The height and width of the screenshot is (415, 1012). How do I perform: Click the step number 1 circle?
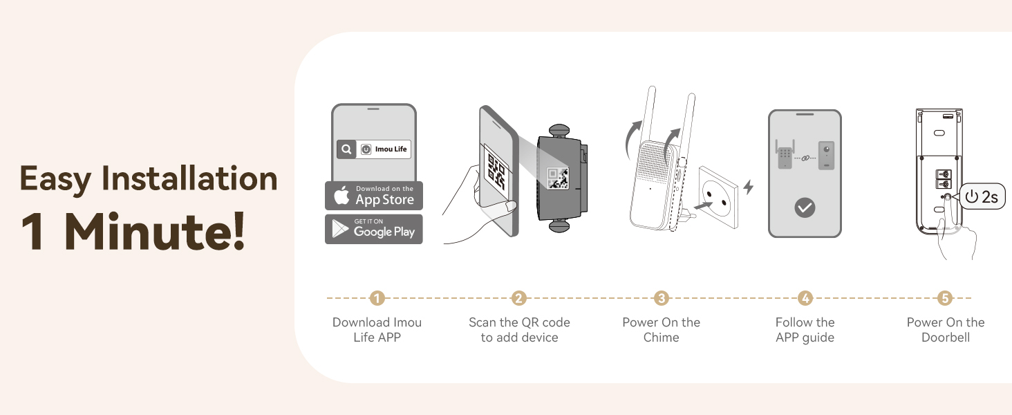[377, 298]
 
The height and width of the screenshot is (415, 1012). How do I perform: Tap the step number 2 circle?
[519, 298]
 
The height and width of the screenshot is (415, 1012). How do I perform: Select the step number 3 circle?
[662, 298]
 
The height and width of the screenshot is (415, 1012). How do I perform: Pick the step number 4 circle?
[805, 298]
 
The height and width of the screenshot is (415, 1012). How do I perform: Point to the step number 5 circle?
[945, 298]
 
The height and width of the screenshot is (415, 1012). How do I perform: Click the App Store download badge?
[373, 196]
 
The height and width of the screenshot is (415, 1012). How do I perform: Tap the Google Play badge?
[373, 229]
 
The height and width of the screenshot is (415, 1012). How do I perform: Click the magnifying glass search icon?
[346, 149]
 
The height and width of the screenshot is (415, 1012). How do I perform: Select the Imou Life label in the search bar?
[390, 149]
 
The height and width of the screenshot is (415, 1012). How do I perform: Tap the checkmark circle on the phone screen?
[805, 207]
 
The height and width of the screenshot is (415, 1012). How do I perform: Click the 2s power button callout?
[982, 197]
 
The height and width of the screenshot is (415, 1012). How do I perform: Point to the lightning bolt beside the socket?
[748, 187]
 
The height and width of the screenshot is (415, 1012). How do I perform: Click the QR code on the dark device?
[557, 178]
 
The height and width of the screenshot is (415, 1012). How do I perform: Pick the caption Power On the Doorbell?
[945, 330]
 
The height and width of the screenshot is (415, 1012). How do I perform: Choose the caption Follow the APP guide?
[805, 330]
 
